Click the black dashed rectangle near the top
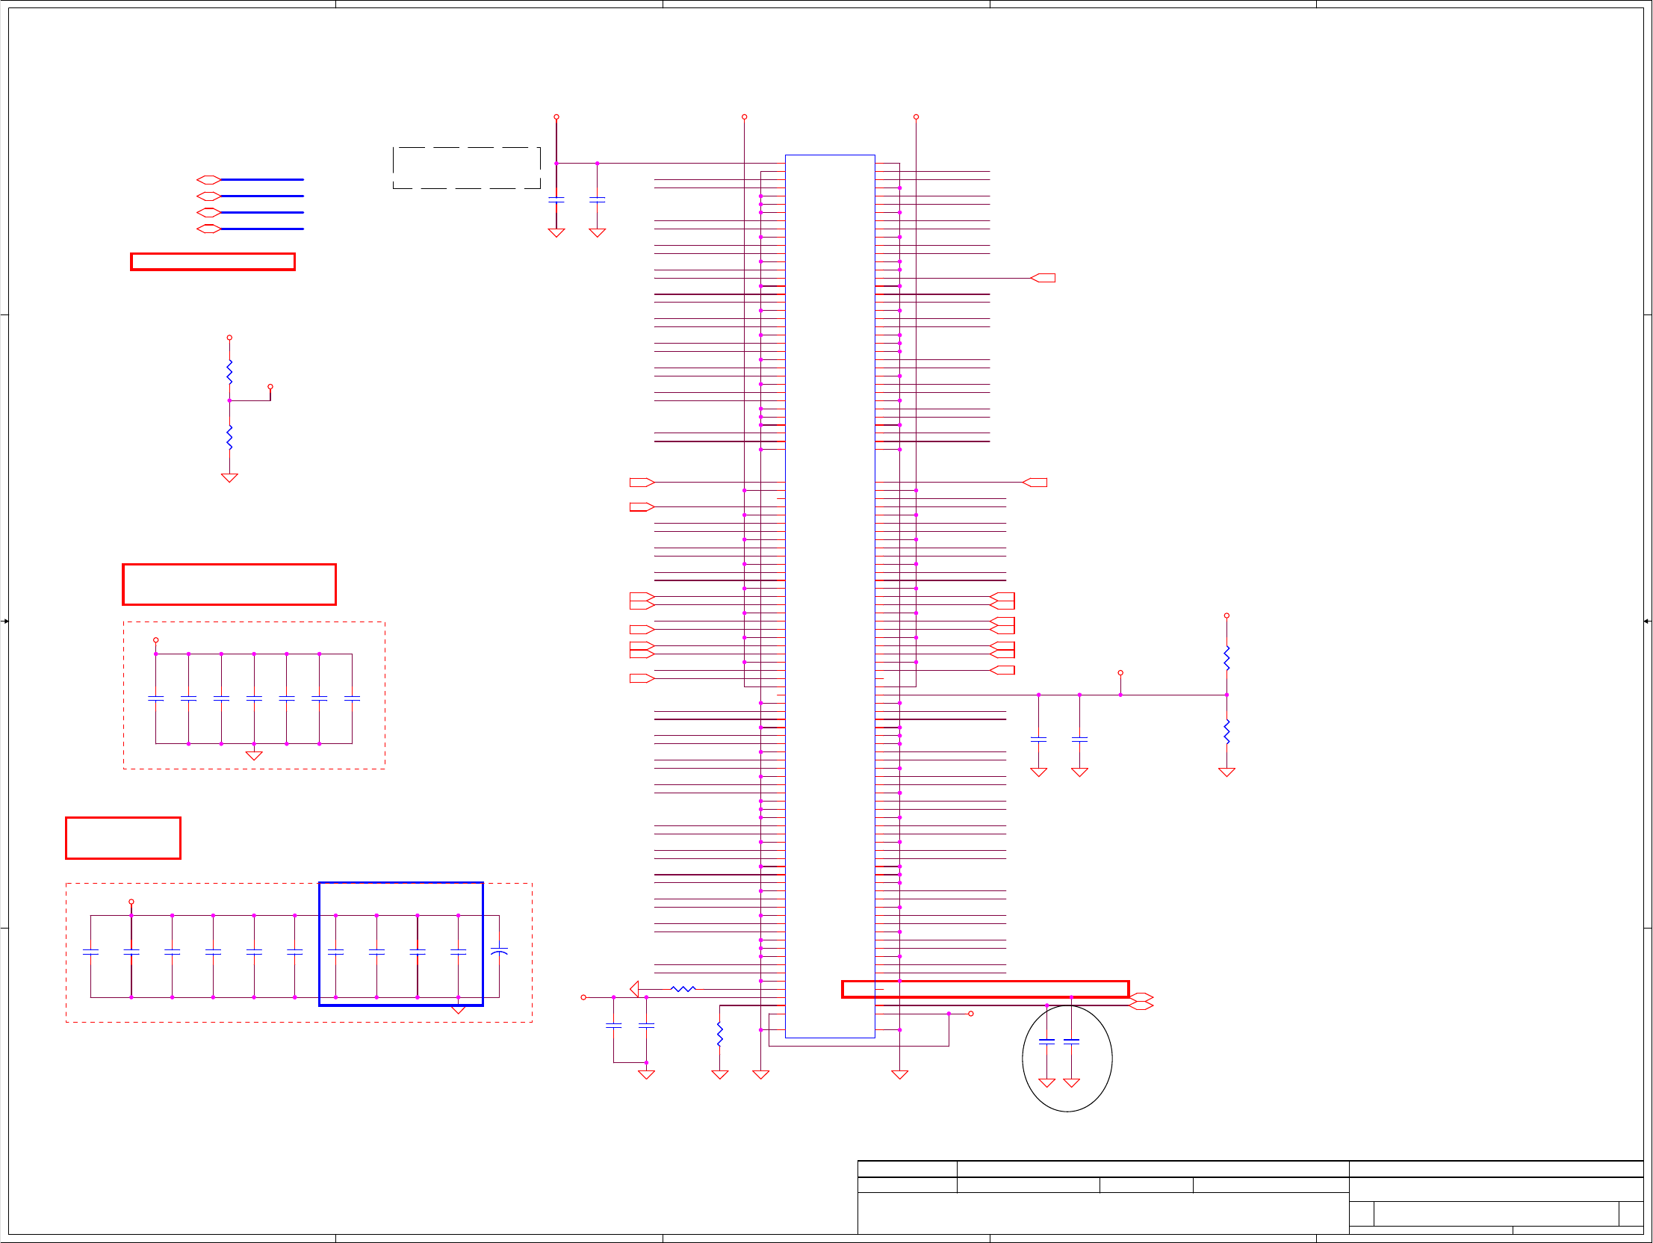click(466, 168)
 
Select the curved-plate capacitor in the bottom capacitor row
click(499, 952)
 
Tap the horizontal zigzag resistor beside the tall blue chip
click(683, 989)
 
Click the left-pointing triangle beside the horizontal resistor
click(634, 989)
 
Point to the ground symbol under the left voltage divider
click(229, 477)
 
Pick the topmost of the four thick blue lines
click(261, 179)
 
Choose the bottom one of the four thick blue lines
click(261, 229)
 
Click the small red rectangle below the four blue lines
click(213, 261)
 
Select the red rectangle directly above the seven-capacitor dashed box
click(229, 584)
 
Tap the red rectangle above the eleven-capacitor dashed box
click(123, 838)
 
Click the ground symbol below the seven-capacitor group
click(254, 756)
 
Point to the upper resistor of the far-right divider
click(1226, 658)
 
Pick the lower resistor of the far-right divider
click(1226, 731)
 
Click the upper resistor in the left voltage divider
click(229, 371)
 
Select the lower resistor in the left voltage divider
click(229, 437)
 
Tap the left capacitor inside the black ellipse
click(1046, 1041)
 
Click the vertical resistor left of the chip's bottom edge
click(719, 1034)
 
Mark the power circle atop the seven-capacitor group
click(155, 640)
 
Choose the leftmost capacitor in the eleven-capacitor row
click(90, 952)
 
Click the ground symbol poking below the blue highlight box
click(458, 1010)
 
